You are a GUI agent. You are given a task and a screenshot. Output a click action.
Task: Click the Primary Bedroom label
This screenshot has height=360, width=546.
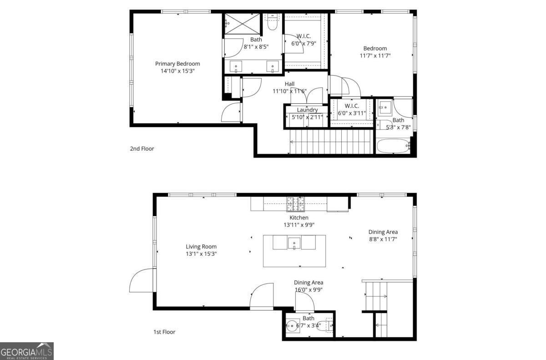tap(177, 64)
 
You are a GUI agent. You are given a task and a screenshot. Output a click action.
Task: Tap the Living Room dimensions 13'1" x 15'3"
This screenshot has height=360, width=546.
tap(201, 254)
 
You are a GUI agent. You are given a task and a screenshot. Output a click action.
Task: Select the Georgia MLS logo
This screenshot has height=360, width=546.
tap(27, 351)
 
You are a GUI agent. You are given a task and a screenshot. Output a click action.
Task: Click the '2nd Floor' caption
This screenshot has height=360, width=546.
tap(142, 148)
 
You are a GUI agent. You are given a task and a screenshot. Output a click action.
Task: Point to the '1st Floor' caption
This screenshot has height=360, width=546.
tap(164, 332)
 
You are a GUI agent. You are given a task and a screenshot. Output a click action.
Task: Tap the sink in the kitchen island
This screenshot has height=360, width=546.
tap(294, 243)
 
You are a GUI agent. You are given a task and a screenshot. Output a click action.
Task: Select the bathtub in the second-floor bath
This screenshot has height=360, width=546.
tap(394, 147)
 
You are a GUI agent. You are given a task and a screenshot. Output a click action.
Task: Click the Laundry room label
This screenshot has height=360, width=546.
tap(307, 110)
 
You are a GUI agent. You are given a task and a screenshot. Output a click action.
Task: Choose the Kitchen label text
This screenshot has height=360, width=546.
tap(299, 218)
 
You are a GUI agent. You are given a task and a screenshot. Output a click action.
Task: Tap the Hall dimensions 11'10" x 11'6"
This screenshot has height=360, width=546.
tap(290, 91)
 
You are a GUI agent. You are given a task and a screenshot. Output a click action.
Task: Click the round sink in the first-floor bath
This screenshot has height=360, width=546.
tap(292, 326)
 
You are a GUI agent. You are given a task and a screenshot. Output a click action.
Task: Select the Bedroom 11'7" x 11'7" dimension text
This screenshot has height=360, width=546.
tap(375, 56)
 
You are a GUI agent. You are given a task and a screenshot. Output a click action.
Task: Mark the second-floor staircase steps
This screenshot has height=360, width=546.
tap(331, 142)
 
